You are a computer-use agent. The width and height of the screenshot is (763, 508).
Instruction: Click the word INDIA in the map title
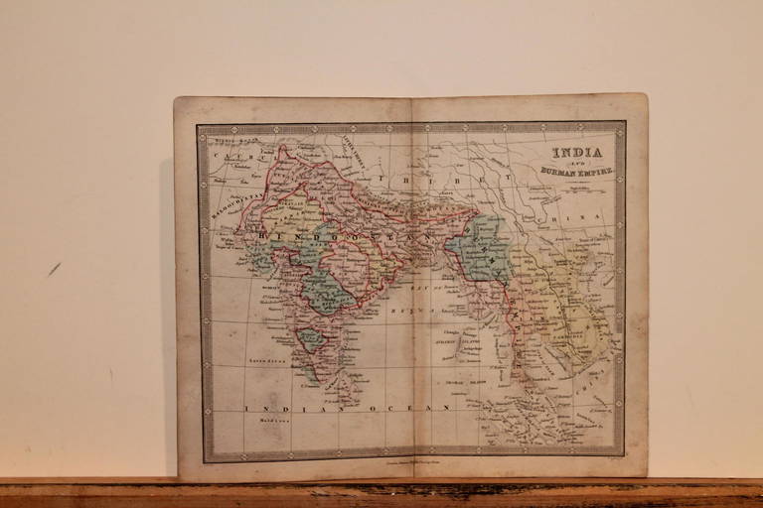coord(577,154)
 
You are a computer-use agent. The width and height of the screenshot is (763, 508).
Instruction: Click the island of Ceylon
coord(350,383)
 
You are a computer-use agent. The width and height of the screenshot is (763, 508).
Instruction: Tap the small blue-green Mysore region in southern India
coord(312,339)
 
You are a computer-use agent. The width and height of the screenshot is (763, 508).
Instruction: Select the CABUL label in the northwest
coord(242,156)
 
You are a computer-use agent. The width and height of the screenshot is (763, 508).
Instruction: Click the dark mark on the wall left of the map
coord(54,268)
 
